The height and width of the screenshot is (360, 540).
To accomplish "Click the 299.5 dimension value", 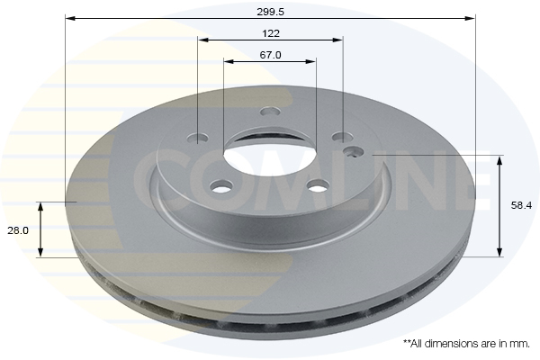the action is pyautogui.click(x=270, y=12).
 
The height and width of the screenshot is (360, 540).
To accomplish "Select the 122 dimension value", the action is pyautogui.click(x=271, y=33).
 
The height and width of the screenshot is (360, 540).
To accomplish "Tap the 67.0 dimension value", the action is pyautogui.click(x=270, y=55).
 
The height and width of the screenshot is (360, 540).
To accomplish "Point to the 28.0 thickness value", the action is pyautogui.click(x=18, y=230).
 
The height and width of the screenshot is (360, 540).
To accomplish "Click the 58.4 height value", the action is pyautogui.click(x=521, y=206).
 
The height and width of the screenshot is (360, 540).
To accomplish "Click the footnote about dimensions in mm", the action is pyautogui.click(x=466, y=344).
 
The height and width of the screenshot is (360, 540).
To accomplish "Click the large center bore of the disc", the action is pyautogui.click(x=270, y=153).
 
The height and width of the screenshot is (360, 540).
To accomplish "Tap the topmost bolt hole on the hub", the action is pyautogui.click(x=270, y=112).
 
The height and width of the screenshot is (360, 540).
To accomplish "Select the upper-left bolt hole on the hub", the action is pyautogui.click(x=198, y=138).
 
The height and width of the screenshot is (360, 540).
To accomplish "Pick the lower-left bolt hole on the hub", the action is pyautogui.click(x=221, y=187).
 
